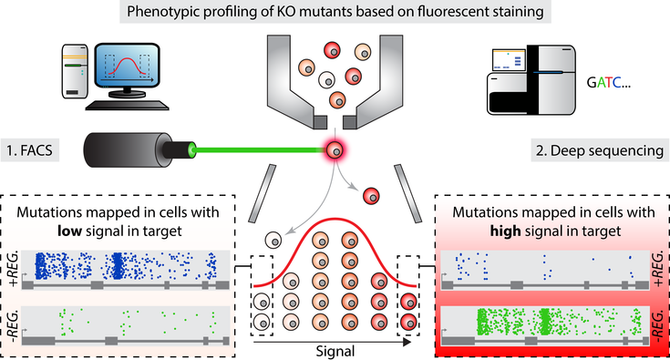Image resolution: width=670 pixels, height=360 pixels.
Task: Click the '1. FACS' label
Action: tap(29, 150)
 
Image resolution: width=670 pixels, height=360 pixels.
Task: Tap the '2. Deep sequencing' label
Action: tap(600, 150)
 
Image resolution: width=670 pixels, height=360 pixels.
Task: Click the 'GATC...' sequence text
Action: tap(609, 82)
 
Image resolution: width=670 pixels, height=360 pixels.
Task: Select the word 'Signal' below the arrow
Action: tap(335, 352)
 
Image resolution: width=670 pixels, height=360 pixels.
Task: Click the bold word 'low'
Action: tap(69, 231)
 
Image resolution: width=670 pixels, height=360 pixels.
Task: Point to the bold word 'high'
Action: tap(506, 231)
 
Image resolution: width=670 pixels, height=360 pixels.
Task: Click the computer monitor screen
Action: tap(127, 67)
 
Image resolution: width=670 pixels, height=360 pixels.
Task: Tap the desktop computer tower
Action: tap(75, 71)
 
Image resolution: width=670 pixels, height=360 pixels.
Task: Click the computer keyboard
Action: tap(127, 105)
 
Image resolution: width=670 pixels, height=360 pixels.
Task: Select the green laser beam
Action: tap(260, 149)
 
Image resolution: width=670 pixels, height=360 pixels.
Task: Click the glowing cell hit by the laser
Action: tap(335, 150)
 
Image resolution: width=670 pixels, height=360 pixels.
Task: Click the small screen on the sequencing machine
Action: tap(509, 60)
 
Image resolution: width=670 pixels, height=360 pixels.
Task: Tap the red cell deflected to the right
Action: tap(371, 196)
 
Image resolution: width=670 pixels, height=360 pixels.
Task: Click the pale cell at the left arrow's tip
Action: tap(273, 241)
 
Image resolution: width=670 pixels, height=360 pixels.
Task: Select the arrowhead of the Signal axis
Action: tap(407, 342)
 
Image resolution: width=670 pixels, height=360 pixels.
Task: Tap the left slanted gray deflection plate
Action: tap(262, 193)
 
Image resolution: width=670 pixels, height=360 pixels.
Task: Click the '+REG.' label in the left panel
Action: tap(13, 269)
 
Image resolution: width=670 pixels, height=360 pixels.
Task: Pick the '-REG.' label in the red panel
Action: tap(658, 326)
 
